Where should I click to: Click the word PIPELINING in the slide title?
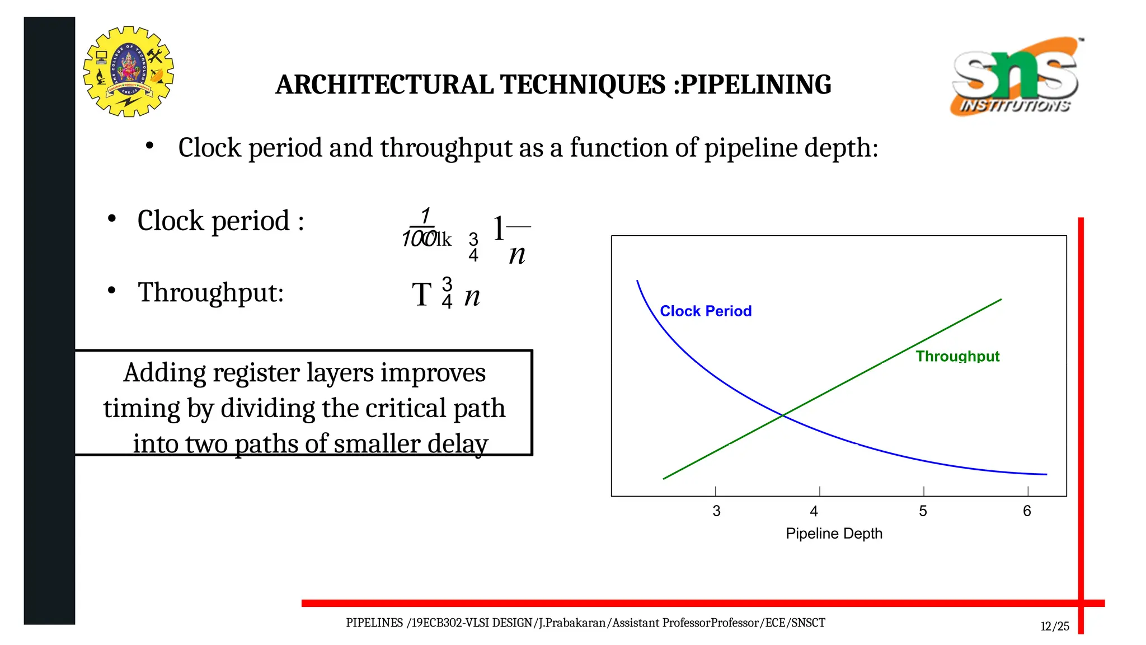(756, 85)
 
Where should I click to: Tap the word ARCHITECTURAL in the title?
(384, 85)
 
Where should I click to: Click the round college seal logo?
(128, 72)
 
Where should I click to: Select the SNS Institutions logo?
(1016, 76)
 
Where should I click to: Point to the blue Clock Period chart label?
(705, 311)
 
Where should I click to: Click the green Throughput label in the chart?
(957, 356)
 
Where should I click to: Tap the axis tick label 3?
(716, 511)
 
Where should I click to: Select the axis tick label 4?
(814, 511)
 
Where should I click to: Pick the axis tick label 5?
(923, 511)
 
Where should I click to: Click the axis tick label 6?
(1027, 511)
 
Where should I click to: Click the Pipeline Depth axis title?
(834, 534)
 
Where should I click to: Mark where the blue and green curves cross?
(783, 415)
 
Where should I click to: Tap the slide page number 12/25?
(1055, 627)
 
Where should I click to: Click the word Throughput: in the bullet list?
(211, 293)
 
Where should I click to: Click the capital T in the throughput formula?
(421, 295)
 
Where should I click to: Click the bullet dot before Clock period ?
(112, 218)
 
